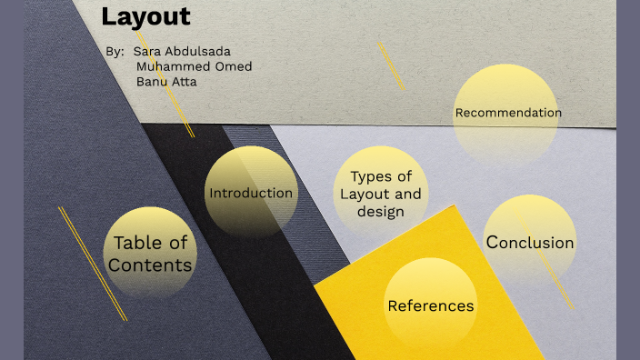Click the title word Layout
(x=145, y=16)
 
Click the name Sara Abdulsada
(x=182, y=51)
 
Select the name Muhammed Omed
(x=194, y=66)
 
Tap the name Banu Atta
(x=166, y=82)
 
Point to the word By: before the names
(x=115, y=51)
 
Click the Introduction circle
(x=251, y=193)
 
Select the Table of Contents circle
(x=151, y=254)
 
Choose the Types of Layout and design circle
(x=381, y=194)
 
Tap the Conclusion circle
(x=530, y=243)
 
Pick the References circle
(x=431, y=305)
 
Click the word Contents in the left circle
(x=150, y=265)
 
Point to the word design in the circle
(x=381, y=212)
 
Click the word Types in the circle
(x=381, y=176)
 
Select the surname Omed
(x=234, y=66)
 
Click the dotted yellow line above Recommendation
(x=391, y=65)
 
